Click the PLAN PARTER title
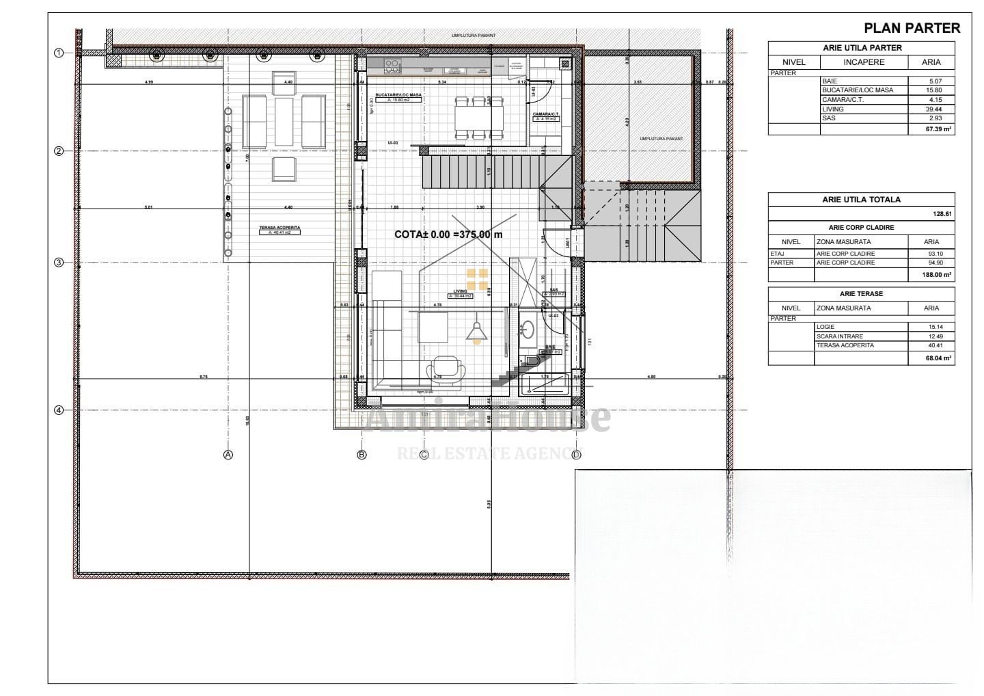[x=912, y=28]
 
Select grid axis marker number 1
[x=59, y=53]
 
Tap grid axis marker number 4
[x=59, y=410]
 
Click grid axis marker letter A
[x=228, y=455]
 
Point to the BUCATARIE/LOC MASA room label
[x=394, y=94]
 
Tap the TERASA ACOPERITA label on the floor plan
[x=279, y=228]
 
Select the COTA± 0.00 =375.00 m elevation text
[x=448, y=235]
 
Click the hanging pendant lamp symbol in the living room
[x=476, y=332]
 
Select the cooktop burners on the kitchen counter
[x=392, y=66]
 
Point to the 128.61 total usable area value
[x=942, y=214]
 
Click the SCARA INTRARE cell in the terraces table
[x=839, y=336]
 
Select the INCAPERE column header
[x=864, y=62]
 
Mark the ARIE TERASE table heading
[x=861, y=294]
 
